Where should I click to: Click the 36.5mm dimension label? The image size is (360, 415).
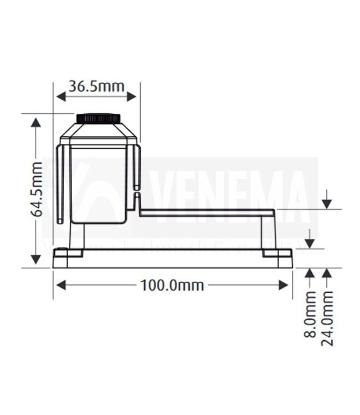(96, 86)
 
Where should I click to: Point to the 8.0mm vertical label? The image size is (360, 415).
(310, 314)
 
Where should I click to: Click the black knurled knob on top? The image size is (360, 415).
(99, 118)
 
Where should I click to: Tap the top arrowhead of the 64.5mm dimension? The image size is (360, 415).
(37, 122)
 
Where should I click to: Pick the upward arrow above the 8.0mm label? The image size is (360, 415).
(310, 273)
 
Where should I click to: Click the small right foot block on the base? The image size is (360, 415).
(277, 253)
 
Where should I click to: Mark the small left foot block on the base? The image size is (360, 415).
(68, 253)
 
